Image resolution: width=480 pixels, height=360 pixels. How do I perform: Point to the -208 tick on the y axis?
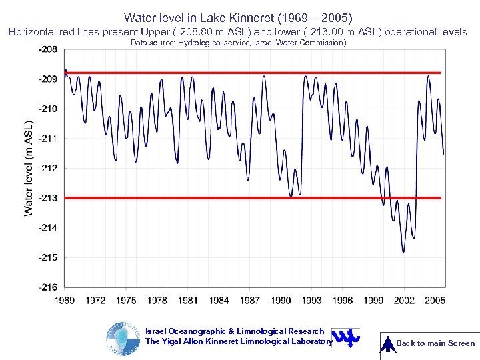click(47, 49)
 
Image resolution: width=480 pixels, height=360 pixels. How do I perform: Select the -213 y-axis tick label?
click(47, 198)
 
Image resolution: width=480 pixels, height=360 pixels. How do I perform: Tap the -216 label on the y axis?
click(47, 287)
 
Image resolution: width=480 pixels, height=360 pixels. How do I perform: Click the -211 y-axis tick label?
click(47, 139)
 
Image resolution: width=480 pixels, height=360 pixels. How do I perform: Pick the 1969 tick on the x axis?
click(65, 301)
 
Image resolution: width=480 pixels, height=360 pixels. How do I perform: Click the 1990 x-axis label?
click(281, 301)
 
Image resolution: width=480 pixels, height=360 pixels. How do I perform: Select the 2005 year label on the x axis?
click(435, 301)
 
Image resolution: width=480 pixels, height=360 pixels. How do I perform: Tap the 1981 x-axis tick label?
click(188, 301)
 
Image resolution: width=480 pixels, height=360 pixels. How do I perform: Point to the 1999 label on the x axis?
click(373, 301)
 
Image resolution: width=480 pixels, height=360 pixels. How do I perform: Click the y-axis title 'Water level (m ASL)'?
click(29, 169)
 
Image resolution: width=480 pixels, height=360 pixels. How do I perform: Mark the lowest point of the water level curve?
click(403, 251)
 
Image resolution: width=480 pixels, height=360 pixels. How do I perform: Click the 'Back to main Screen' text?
click(435, 343)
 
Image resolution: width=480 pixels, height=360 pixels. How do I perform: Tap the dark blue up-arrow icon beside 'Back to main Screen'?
click(387, 343)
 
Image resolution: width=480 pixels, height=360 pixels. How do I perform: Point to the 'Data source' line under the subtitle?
click(238, 43)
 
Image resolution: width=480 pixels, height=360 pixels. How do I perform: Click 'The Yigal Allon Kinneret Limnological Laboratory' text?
click(238, 341)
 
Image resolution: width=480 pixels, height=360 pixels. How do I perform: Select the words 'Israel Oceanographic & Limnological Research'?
click(235, 331)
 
